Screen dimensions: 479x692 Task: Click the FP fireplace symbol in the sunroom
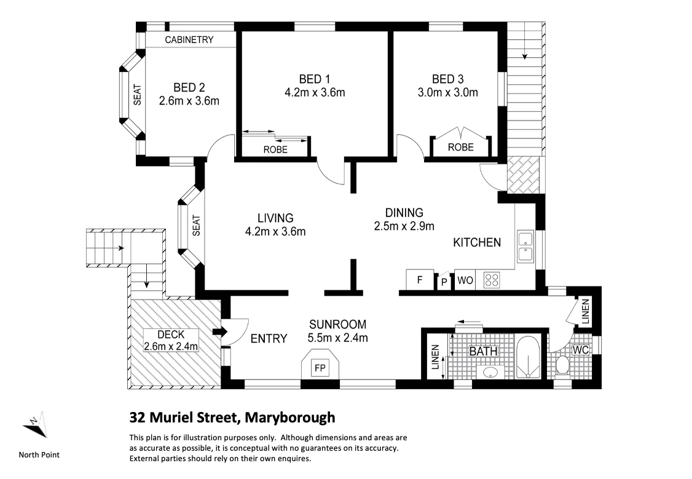click(320, 368)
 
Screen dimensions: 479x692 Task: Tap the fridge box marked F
click(420, 280)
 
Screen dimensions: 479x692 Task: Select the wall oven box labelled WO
click(465, 280)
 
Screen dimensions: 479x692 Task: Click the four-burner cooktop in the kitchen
click(492, 280)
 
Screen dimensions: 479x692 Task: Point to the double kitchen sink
click(525, 247)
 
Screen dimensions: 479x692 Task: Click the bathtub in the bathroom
click(528, 358)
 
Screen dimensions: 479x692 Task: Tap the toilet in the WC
click(562, 366)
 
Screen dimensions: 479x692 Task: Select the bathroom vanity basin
click(490, 372)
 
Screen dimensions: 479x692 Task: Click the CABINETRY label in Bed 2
click(189, 40)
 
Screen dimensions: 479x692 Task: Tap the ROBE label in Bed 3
click(460, 148)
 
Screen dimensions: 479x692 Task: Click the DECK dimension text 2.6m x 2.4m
click(170, 346)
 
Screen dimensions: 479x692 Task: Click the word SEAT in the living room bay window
click(197, 225)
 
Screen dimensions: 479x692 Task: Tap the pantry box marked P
click(444, 282)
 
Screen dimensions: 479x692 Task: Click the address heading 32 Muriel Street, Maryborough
click(232, 418)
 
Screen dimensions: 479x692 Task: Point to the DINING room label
click(404, 213)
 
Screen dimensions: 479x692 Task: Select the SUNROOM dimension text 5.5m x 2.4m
click(337, 338)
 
